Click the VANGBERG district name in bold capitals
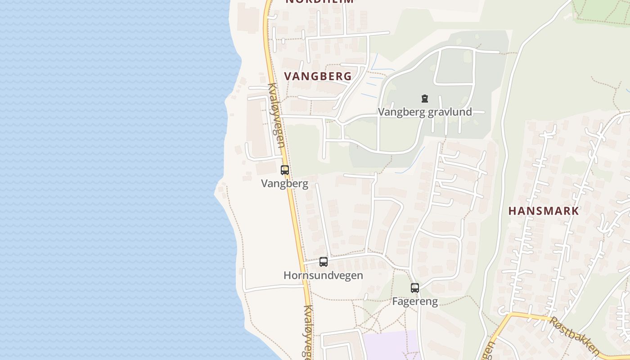tap(318, 76)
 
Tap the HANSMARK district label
tap(544, 211)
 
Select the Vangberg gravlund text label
tap(425, 112)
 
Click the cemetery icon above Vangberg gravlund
tap(424, 98)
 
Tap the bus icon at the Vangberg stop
tap(284, 170)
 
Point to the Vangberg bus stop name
tap(284, 184)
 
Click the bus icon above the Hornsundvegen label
tap(323, 261)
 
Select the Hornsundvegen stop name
tap(323, 275)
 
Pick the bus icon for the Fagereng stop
tap(414, 288)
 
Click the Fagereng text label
tap(414, 301)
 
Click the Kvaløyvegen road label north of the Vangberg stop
tap(276, 115)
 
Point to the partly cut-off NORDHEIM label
tap(319, 2)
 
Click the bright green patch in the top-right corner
tap(601, 11)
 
